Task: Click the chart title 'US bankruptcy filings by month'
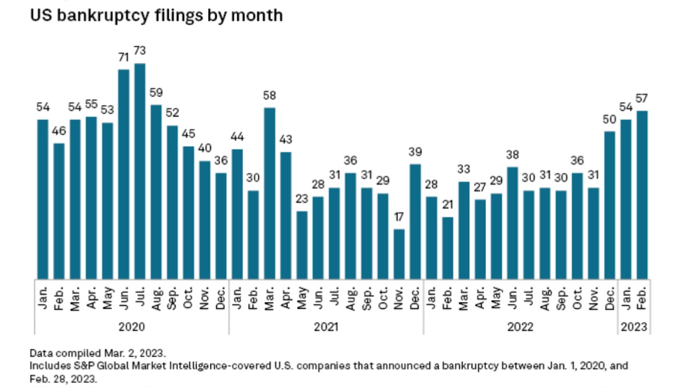coord(156,15)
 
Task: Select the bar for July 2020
coord(139,171)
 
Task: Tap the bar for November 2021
coord(398,254)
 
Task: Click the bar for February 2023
coord(641,194)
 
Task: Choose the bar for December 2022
coord(609,205)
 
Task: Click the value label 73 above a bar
coord(139,51)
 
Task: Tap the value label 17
coord(398,217)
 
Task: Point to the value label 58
coord(269,95)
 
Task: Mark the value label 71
coord(123,58)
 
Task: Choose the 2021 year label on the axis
coord(326,327)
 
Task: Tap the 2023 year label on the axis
coord(633,327)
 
